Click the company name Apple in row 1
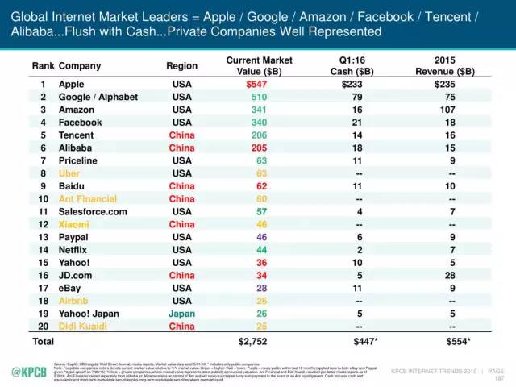[x=73, y=84]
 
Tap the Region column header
[x=181, y=66]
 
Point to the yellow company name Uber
[x=71, y=173]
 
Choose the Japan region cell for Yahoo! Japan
[x=181, y=312]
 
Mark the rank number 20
[x=42, y=325]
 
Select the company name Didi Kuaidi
[x=84, y=325]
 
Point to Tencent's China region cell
[x=181, y=135]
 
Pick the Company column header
[x=80, y=66]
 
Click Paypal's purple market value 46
[x=260, y=236]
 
